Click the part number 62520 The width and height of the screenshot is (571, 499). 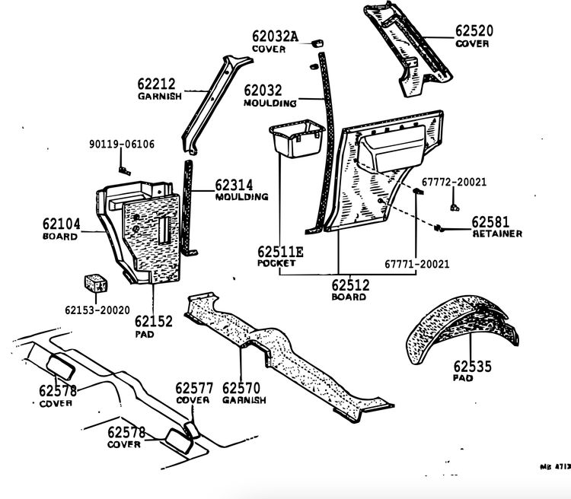[x=474, y=31]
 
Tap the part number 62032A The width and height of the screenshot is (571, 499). [x=276, y=37]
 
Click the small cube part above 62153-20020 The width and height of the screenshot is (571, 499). [x=96, y=281]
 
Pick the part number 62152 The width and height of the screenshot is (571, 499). [x=155, y=321]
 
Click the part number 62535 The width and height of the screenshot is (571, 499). [x=474, y=366]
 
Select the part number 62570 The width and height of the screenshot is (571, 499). [x=241, y=387]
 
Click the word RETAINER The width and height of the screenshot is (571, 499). [x=496, y=234]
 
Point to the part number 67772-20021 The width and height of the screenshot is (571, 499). [x=454, y=183]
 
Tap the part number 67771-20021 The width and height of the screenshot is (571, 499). [x=416, y=264]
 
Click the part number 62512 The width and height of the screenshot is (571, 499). [x=350, y=287]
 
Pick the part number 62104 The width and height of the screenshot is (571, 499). [x=61, y=224]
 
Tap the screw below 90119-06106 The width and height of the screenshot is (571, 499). [x=126, y=170]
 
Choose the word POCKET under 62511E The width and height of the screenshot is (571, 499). [x=276, y=262]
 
